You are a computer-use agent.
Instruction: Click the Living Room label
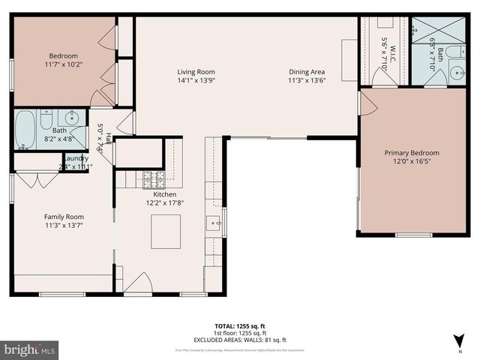pos(196,72)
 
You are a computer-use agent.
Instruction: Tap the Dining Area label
pos(307,72)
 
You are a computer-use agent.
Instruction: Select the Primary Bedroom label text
pos(412,153)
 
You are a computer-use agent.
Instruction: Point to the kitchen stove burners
pos(154,178)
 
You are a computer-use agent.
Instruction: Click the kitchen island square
pos(166,231)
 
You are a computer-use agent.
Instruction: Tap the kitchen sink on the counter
pos(214,223)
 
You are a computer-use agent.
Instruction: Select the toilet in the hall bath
pos(46,119)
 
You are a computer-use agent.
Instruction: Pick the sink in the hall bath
pos(71,118)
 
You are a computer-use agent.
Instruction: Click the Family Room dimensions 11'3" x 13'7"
pos(63,223)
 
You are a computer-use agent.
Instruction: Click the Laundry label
pos(76,158)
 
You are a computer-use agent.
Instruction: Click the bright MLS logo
pos(30,349)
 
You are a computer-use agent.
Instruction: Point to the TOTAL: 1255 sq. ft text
pos(240,326)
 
